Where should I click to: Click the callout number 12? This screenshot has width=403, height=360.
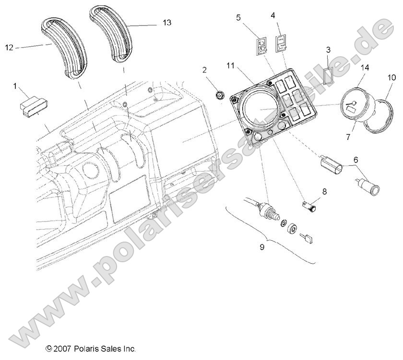(9, 47)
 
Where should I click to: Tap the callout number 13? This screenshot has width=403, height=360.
(166, 23)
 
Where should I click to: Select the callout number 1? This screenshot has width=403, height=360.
(15, 86)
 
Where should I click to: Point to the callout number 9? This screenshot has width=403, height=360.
(261, 247)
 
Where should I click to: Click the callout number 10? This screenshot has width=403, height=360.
(391, 77)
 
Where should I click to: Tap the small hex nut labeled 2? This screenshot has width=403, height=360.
(220, 95)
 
